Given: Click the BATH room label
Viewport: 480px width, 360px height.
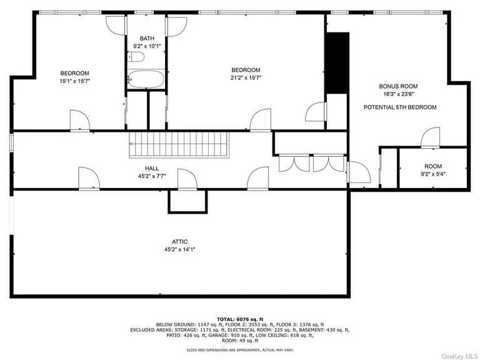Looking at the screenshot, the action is point(147,39).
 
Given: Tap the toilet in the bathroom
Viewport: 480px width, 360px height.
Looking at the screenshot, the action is point(136,57).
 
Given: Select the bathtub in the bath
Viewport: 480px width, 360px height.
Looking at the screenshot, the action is point(146,79).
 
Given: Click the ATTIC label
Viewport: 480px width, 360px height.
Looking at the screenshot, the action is point(180,242).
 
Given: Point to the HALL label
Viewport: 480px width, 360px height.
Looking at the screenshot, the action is point(152,168).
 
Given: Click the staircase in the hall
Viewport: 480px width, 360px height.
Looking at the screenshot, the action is point(179,145).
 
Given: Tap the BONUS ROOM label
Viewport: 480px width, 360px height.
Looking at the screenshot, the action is point(398,86).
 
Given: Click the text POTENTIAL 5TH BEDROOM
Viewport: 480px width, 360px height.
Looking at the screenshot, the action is point(400,107).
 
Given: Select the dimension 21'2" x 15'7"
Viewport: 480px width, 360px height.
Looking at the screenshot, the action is point(246,77).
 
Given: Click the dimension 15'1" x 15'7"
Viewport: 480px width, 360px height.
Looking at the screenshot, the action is point(75,81).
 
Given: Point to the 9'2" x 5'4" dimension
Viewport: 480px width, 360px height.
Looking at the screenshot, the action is point(433,174).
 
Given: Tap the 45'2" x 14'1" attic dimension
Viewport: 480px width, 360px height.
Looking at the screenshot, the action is point(180,249).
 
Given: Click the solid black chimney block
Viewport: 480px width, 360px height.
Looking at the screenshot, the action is point(337,62).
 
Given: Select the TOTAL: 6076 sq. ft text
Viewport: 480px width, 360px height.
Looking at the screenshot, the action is point(240,319).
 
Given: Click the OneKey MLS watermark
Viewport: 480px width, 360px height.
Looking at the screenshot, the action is point(461,356).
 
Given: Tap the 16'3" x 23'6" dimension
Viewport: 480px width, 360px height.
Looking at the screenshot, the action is point(398,94).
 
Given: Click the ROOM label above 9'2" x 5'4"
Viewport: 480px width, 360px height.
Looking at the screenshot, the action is point(433,166).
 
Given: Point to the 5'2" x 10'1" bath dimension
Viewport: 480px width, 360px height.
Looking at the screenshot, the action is point(147,46).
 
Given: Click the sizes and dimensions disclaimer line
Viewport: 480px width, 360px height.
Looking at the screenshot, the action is point(240,349).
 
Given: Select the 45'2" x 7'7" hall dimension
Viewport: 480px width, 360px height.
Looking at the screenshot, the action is point(152,176).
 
